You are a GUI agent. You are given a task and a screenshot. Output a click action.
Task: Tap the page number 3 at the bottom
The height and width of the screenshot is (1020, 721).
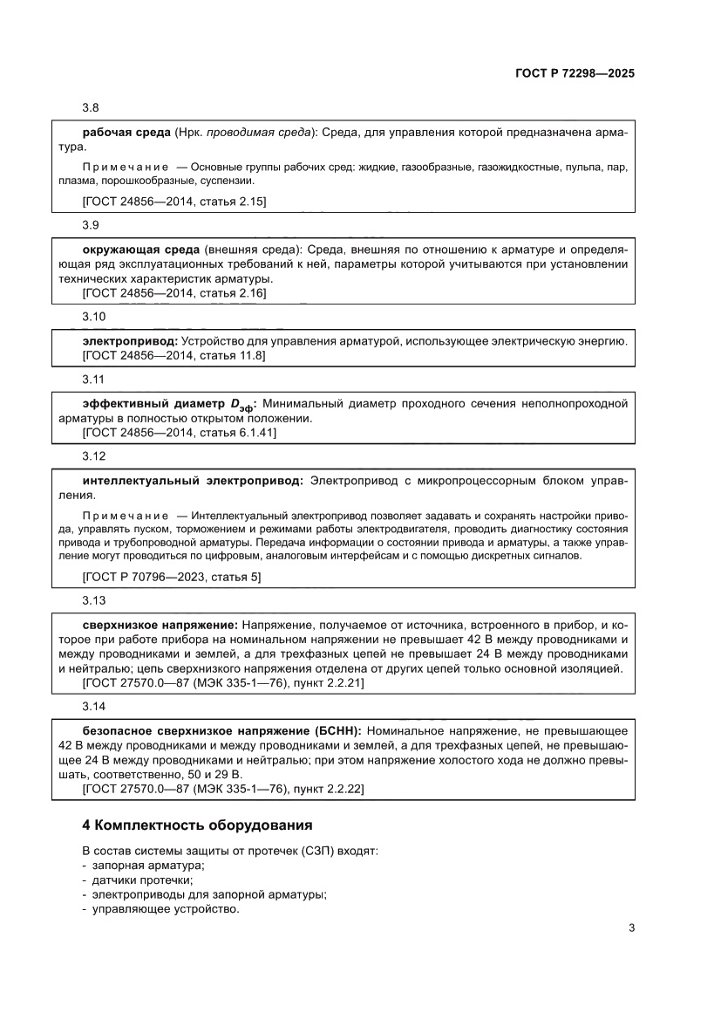pos(631,928)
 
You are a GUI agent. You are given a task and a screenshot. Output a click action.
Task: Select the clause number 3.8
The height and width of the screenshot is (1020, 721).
pos(91,108)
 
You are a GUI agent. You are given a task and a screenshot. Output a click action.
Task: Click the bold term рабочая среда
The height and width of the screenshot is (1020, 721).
pos(126,133)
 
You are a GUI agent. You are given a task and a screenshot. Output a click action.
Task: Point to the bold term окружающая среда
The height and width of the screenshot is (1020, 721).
pos(136,250)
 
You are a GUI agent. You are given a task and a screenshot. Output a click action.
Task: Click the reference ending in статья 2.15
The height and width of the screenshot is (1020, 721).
pos(173,202)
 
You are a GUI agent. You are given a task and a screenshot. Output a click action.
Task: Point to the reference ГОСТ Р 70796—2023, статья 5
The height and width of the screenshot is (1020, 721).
pos(171,577)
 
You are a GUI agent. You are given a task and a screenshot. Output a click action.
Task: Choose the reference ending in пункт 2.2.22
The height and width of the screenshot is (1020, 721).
pos(223,789)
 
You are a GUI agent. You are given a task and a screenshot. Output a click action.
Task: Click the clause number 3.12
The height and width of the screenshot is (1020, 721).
pos(94,456)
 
